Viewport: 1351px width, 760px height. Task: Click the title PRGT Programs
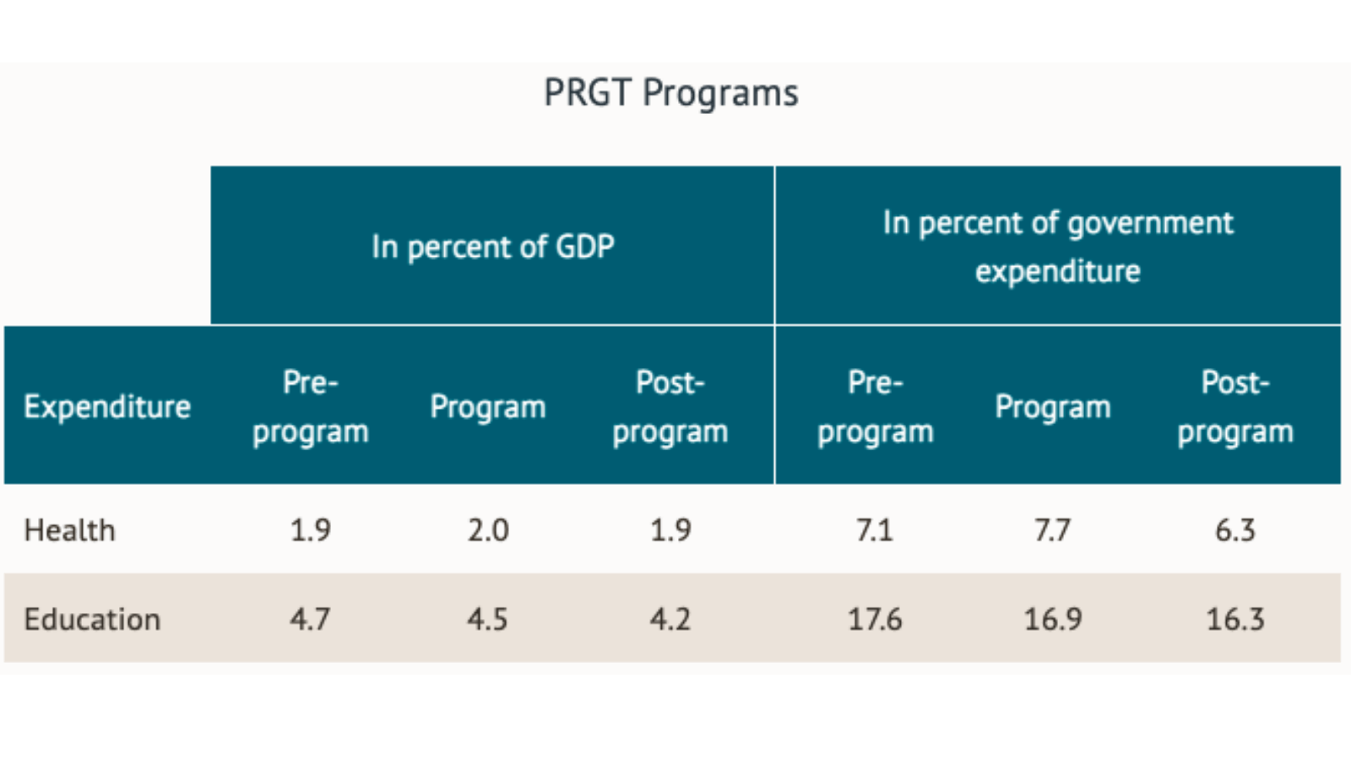(670, 93)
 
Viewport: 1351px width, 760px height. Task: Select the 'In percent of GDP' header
(492, 247)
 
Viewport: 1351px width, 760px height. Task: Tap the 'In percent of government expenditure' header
(1057, 247)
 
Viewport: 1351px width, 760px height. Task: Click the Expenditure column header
(107, 407)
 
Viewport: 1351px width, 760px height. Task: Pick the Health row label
(70, 530)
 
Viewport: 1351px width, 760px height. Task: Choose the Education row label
(92, 619)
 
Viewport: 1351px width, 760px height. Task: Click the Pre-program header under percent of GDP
(311, 407)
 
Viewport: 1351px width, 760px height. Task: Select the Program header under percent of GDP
(488, 407)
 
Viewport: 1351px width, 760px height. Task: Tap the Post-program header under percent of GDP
(670, 407)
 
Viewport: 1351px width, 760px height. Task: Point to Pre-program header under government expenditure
(876, 407)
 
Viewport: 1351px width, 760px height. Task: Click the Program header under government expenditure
(1053, 407)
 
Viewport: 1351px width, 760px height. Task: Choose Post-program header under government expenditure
(1235, 407)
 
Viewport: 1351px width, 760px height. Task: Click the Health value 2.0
(488, 530)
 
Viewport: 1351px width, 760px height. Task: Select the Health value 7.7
(1053, 530)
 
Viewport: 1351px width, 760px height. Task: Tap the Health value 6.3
(1235, 530)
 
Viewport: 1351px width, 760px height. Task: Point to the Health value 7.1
(875, 530)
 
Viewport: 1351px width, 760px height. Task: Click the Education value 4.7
(311, 619)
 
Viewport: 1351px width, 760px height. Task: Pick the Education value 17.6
(875, 619)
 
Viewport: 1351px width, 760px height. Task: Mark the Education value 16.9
(1053, 619)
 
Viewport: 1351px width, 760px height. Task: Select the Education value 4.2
(670, 619)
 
